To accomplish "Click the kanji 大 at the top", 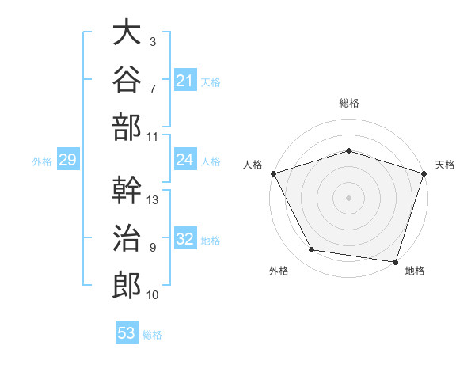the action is point(127,32).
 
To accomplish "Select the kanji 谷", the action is point(127,79).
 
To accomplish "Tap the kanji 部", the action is point(127,127).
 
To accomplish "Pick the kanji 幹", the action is point(127,190).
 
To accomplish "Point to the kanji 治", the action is point(127,237).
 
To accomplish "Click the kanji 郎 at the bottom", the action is point(127,286).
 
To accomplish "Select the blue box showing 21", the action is point(185,80).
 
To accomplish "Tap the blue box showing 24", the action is point(185,159).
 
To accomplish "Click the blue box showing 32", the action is point(185,237).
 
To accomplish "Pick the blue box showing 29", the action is point(68,159).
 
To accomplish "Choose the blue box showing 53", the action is point(127,332).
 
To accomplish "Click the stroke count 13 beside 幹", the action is point(152,200).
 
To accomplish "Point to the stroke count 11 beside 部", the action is point(152,137).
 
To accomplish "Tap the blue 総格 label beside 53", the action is point(152,335).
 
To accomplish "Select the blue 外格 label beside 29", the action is point(42,161).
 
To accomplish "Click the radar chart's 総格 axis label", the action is point(349,103).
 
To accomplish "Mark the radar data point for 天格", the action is point(424,173).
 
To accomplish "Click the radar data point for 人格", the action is point(274,173).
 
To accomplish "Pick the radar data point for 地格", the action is point(395,262).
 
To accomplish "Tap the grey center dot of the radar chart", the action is point(348,198).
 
